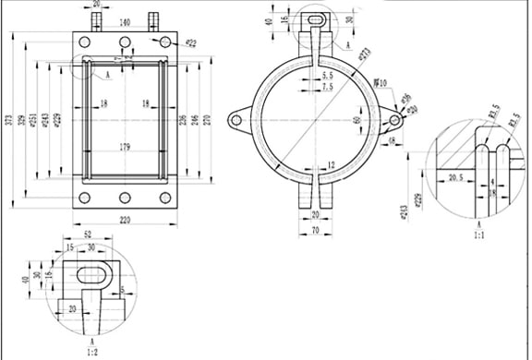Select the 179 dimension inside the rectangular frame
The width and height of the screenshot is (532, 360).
(124, 147)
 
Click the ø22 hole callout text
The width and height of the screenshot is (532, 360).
(190, 42)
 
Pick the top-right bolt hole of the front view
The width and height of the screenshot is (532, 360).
(165, 42)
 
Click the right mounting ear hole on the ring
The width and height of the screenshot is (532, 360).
(395, 118)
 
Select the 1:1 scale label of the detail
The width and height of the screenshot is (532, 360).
(479, 234)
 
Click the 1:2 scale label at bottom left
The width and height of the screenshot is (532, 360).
(91, 352)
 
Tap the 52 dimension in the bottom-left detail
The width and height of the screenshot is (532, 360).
(88, 236)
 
